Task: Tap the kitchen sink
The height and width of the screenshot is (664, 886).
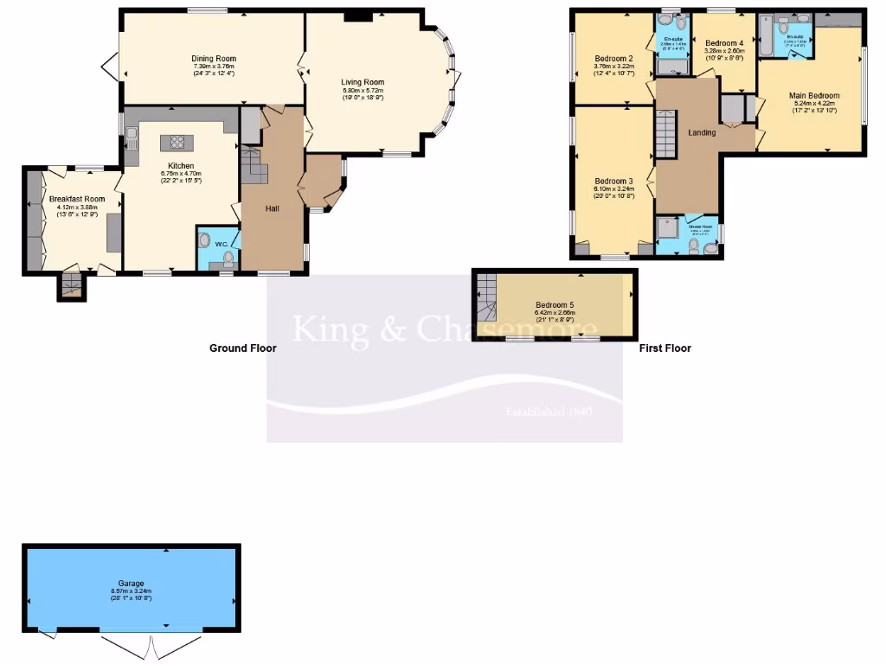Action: point(131,137)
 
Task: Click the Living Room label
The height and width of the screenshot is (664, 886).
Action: point(363,82)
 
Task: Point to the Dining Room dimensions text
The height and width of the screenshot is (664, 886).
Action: point(214,70)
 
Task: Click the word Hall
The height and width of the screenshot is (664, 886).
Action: point(273,208)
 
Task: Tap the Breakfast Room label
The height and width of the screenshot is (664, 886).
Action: point(71,199)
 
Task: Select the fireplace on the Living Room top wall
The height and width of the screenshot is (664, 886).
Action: point(356,16)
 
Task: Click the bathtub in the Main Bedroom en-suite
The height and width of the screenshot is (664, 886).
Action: point(767,36)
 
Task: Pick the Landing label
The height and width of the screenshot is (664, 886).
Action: point(701,132)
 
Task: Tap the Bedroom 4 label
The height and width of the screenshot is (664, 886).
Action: point(723,43)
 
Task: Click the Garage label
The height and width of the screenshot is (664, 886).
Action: point(132,584)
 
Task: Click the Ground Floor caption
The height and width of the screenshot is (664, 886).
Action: point(243,348)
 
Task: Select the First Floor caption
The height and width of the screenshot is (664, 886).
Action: point(664,348)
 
